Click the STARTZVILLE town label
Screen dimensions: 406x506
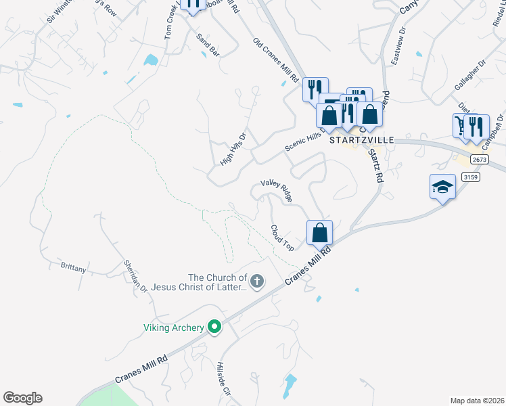[361, 139]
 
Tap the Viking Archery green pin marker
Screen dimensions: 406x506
[215, 328]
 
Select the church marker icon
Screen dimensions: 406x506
[256, 281]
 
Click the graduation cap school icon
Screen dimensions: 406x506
[442, 186]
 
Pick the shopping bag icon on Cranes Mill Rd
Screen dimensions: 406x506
[320, 232]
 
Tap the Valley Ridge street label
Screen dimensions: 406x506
[277, 191]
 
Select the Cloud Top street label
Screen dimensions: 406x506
[282, 238]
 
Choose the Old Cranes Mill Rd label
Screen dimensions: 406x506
[276, 60]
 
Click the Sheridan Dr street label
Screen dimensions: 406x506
[135, 276]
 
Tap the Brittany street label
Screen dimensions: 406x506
[73, 269]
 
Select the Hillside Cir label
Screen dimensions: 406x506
[224, 381]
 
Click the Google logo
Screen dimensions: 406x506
[22, 398]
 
